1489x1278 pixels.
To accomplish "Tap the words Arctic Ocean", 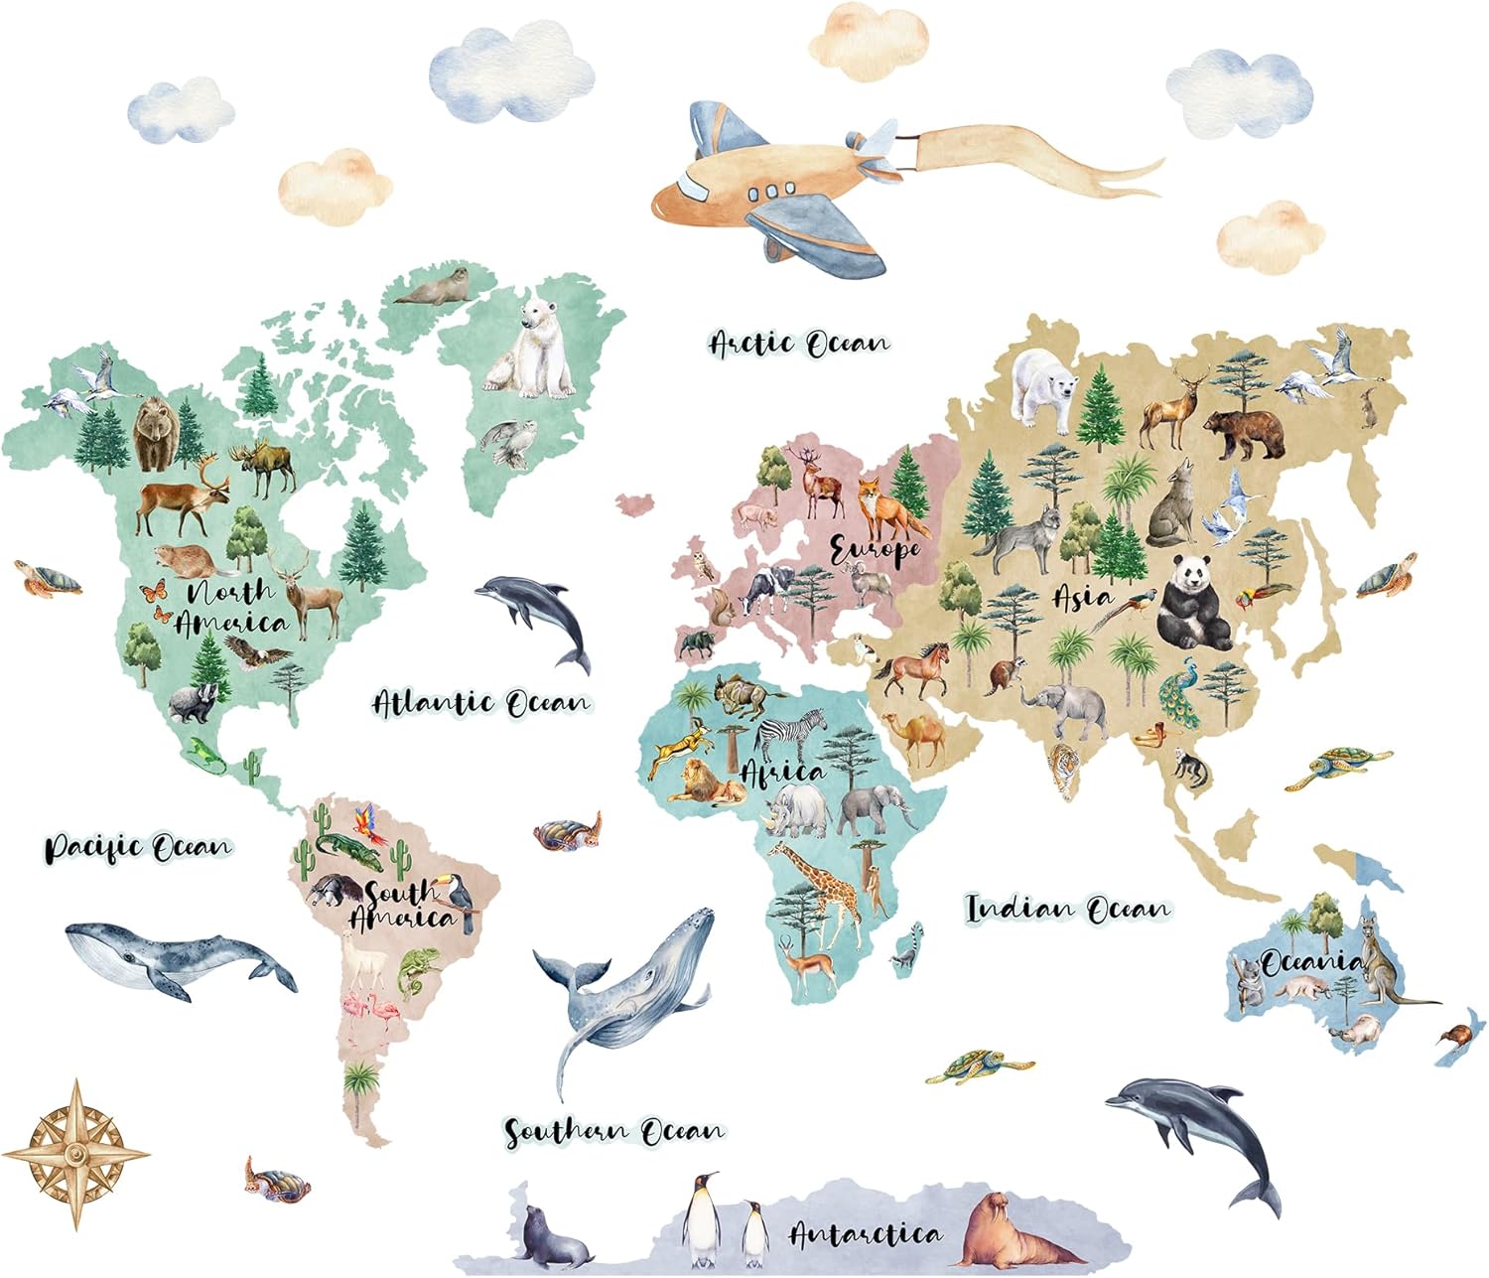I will pos(799,344).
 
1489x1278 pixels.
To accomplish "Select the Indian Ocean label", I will pos(1068,908).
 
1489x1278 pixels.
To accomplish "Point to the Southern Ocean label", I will pos(614,1131).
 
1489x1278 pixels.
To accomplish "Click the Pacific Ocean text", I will pos(138,848).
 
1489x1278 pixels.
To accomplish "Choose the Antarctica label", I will pos(865,1234).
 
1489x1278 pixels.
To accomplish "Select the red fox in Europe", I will pos(878,506).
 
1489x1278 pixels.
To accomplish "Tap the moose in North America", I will pos(263,467).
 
